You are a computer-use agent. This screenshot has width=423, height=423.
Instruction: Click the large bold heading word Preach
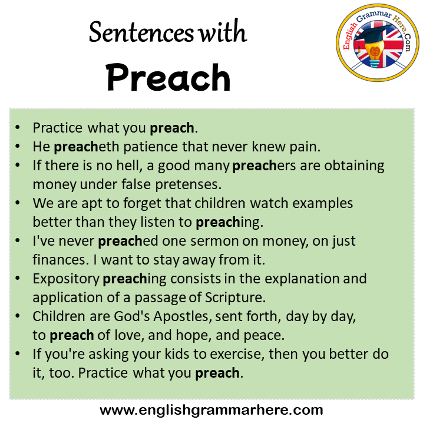point(168,77)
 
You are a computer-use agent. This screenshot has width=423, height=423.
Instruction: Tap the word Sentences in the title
point(141,32)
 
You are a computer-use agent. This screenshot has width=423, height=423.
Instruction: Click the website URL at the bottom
point(211,410)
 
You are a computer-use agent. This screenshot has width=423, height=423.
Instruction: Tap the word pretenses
point(189,185)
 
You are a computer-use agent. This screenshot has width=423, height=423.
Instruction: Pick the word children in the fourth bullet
point(220,203)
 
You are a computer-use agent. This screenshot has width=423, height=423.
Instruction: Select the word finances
point(61,260)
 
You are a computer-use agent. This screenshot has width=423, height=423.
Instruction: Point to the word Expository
point(66,279)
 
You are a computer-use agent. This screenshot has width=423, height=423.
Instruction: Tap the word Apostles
point(183,316)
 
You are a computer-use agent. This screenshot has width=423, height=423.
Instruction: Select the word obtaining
point(354,166)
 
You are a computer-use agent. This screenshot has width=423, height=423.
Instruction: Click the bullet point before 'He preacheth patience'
point(18,146)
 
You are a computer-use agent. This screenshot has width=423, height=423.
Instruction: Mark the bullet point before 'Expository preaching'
point(18,278)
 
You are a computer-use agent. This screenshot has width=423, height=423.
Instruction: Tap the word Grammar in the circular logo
point(374,16)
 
